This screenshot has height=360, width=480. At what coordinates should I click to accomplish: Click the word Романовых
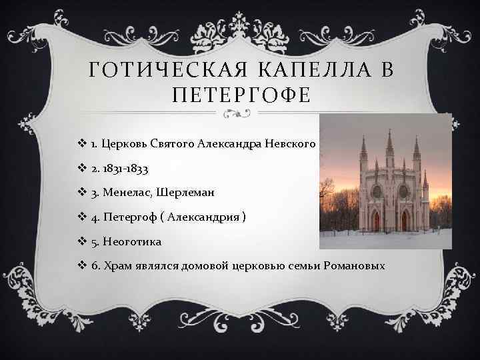click(x=354, y=266)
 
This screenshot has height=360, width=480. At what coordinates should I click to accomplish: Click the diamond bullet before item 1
click(x=83, y=145)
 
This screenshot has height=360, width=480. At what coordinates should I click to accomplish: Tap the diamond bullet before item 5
click(x=83, y=241)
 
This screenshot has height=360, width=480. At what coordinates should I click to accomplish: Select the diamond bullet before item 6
click(x=83, y=266)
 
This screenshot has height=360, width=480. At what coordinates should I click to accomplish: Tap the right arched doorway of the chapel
click(x=407, y=220)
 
